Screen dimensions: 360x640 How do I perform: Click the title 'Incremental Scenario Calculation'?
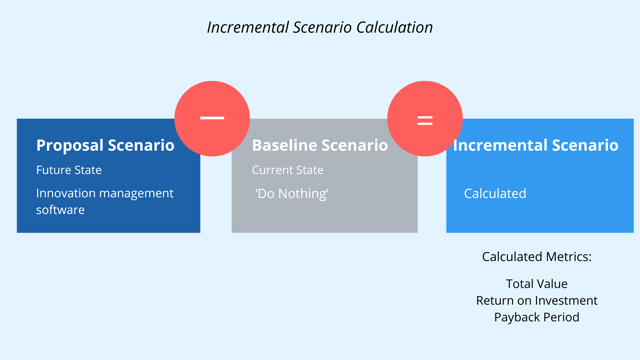click(320, 27)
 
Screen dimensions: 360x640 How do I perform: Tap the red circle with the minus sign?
click(212, 118)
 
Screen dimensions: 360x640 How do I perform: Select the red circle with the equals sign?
click(425, 119)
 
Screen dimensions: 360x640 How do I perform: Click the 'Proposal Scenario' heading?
click(105, 145)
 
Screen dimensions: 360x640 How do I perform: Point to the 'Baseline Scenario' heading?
click(319, 145)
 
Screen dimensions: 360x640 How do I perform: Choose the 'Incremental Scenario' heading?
click(536, 145)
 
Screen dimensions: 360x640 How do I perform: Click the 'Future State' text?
click(69, 170)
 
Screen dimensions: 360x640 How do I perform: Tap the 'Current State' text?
click(287, 170)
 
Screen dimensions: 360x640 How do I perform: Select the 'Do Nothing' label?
click(292, 193)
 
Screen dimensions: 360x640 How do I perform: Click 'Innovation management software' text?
click(104, 201)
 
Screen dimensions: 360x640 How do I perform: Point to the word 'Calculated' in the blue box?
click(494, 193)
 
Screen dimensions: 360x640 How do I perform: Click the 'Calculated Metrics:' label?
click(536, 257)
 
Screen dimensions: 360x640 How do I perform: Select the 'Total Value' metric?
click(536, 284)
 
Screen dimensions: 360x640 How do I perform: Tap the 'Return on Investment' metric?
click(536, 300)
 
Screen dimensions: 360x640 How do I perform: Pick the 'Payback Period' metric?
click(536, 317)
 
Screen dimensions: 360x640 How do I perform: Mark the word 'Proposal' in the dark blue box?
click(70, 145)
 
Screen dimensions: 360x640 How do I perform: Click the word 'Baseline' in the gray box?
click(284, 145)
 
